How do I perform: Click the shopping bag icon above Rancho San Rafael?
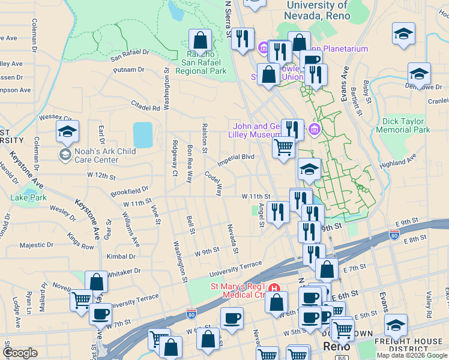[200, 41]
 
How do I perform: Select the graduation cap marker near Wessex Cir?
[68, 131]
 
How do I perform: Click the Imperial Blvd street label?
[236, 158]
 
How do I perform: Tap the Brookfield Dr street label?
[129, 193]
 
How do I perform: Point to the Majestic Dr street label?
[37, 245]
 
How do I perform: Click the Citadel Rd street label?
[146, 106]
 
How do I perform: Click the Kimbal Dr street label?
[121, 256]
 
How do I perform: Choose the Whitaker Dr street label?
[123, 272]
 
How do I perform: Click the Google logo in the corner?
[20, 353]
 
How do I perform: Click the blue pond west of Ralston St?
[143, 135]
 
